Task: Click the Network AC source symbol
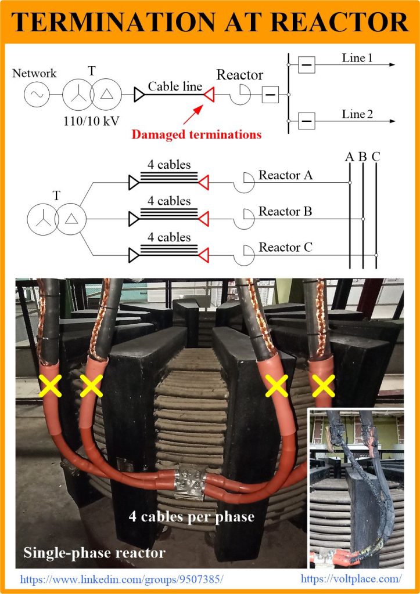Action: click(36, 94)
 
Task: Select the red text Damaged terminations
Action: click(196, 135)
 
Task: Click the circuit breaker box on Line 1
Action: click(307, 65)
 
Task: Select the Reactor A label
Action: click(285, 175)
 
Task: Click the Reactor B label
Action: click(285, 211)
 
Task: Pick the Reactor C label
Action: click(285, 248)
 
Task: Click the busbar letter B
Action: click(363, 157)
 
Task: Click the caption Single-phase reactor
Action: click(94, 553)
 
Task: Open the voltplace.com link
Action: click(351, 578)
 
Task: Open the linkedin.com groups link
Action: click(122, 579)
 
